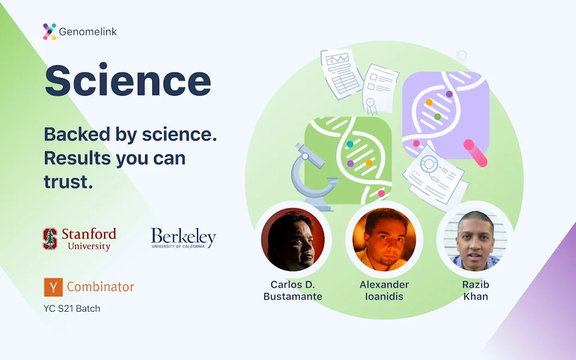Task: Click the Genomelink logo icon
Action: [x=49, y=31]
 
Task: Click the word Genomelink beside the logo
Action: [x=88, y=32]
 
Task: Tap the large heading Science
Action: [x=128, y=80]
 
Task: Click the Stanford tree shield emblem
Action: [x=50, y=238]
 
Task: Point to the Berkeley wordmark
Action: [x=183, y=238]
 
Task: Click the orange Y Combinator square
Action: [x=53, y=287]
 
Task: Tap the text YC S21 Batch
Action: [x=71, y=309]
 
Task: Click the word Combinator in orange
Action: [x=100, y=287]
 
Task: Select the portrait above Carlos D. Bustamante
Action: [x=292, y=240]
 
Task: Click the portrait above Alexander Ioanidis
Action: [x=384, y=240]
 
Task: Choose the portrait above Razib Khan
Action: [x=475, y=240]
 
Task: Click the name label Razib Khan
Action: [x=476, y=291]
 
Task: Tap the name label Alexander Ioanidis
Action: [x=384, y=291]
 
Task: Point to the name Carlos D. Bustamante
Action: [x=292, y=291]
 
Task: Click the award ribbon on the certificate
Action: [x=371, y=106]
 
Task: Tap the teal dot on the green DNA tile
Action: [x=350, y=144]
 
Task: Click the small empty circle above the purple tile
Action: [x=462, y=56]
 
